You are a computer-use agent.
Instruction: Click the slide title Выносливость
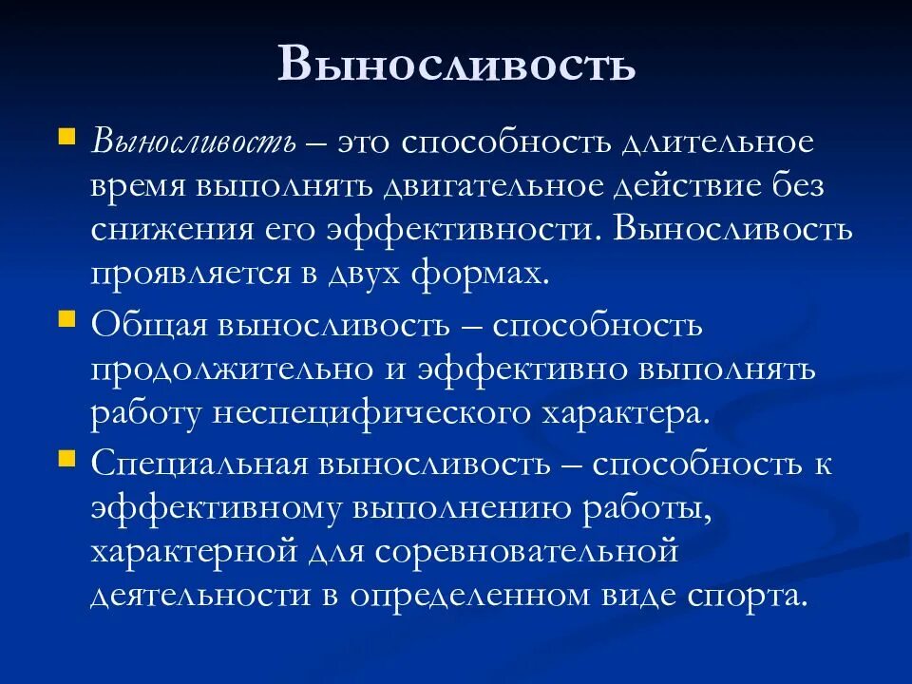[x=456, y=64]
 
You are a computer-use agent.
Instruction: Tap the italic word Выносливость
[x=194, y=143]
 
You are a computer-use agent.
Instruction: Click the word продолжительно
[x=237, y=370]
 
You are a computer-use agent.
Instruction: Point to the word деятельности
[x=185, y=597]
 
